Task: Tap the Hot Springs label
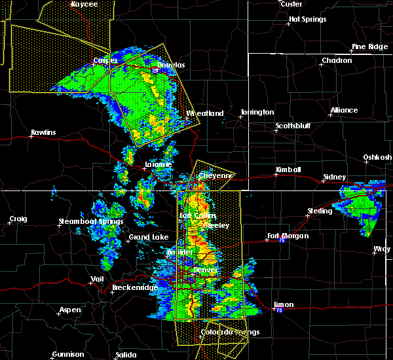coord(307,20)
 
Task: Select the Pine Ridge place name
coord(370,47)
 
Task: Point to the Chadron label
coord(336,61)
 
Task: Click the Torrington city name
coord(257,113)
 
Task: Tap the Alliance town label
coord(344,111)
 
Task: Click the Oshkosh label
coord(378,157)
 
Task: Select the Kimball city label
coord(288,170)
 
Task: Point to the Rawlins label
coord(43,133)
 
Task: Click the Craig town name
coord(18,219)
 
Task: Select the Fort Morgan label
coord(288,236)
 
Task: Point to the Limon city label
coord(284,304)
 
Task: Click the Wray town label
coord(382,249)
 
